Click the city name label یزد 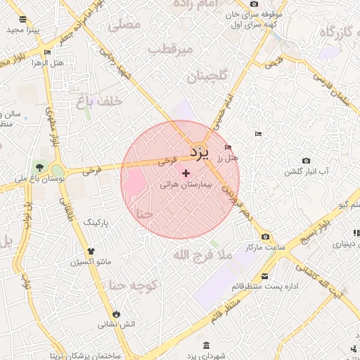198,152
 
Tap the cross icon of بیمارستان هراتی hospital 186,173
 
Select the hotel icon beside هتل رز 227,147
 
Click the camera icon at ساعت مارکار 264,237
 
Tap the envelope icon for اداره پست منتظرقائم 264,276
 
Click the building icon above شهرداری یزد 205,345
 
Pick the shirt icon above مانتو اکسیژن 91,250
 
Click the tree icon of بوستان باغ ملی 39,167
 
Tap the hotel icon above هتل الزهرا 47,52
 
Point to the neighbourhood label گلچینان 211,76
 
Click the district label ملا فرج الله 202,256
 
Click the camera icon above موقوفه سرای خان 254,4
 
